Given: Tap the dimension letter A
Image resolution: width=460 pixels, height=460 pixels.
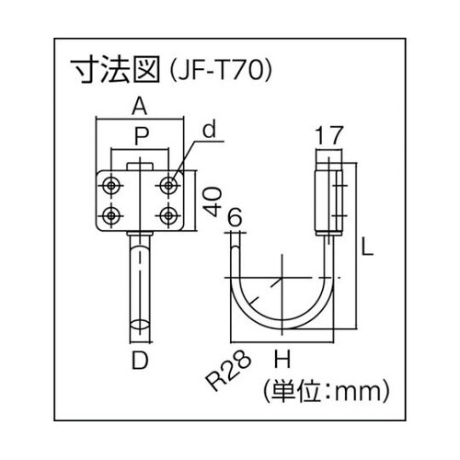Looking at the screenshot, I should [140, 105].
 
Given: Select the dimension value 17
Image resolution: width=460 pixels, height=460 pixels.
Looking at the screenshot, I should [328, 136].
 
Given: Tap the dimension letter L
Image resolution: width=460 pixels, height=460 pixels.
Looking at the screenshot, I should [367, 247].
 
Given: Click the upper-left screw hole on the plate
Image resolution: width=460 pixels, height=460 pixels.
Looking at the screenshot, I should [111, 186].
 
